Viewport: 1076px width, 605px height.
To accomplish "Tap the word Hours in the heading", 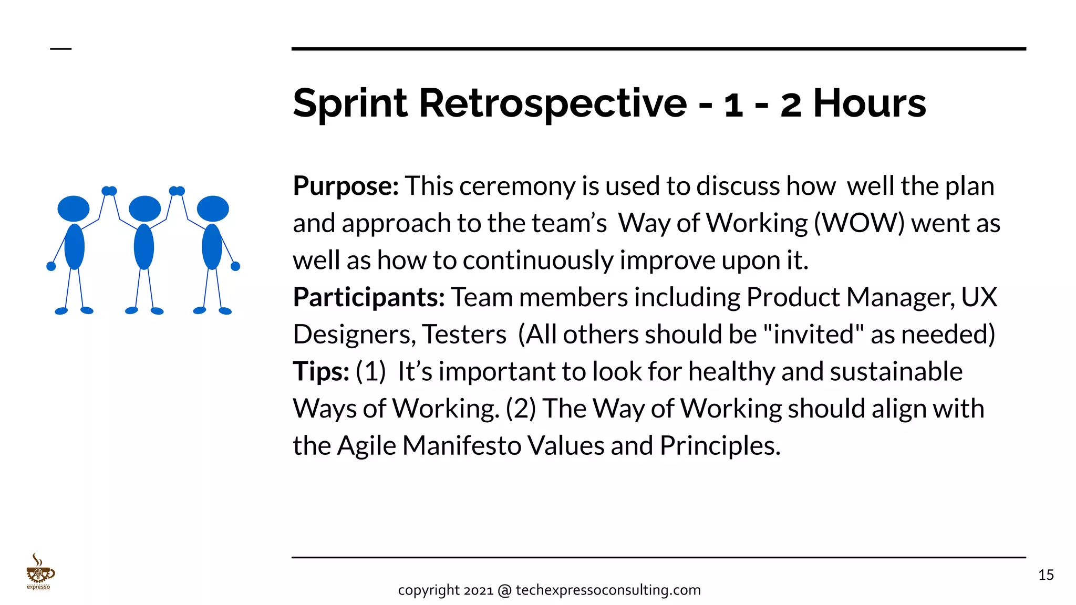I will [870, 103].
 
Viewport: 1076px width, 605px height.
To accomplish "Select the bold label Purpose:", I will [346, 186].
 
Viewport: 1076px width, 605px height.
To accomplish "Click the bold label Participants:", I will [369, 297].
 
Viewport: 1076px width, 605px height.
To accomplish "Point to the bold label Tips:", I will [321, 372].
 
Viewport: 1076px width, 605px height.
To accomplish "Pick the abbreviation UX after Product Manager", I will [979, 297].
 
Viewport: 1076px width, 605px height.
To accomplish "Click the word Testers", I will [464, 335].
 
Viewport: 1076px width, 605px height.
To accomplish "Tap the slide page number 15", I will [1046, 575].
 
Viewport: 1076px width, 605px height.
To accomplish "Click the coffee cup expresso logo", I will [39, 572].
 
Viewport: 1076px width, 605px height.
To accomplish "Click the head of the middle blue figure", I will [144, 209].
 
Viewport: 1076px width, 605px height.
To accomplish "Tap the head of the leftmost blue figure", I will [74, 209].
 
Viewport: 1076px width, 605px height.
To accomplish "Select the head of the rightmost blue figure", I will [213, 209].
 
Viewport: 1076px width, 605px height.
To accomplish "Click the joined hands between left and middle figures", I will [109, 191].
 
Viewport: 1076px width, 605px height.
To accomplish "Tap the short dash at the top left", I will [60, 49].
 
